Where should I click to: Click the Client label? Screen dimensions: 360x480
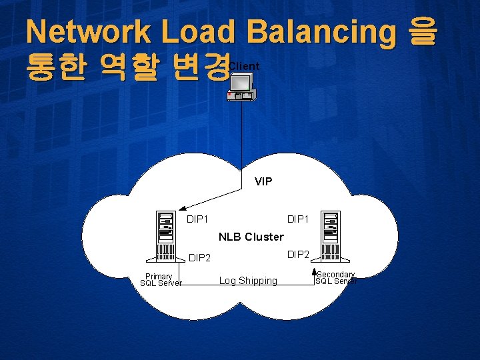pyautogui.click(x=244, y=66)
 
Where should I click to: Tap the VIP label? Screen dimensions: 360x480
pyautogui.click(x=263, y=181)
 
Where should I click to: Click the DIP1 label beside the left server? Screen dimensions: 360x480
pyautogui.click(x=198, y=219)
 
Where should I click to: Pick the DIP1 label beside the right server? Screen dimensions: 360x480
pyautogui.click(x=298, y=219)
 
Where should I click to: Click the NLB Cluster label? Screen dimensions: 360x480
pyautogui.click(x=251, y=237)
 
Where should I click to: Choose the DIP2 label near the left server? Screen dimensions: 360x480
pyautogui.click(x=200, y=258)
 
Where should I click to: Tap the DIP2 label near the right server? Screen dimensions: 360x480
pyautogui.click(x=298, y=254)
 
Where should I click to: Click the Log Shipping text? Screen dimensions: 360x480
pyautogui.click(x=248, y=281)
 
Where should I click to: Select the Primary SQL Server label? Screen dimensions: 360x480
pyautogui.click(x=160, y=280)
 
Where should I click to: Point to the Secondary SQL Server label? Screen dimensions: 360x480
pyautogui.click(x=335, y=278)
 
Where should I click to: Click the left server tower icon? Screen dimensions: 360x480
pyautogui.click(x=165, y=235)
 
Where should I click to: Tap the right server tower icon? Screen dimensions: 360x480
pyautogui.click(x=330, y=235)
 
